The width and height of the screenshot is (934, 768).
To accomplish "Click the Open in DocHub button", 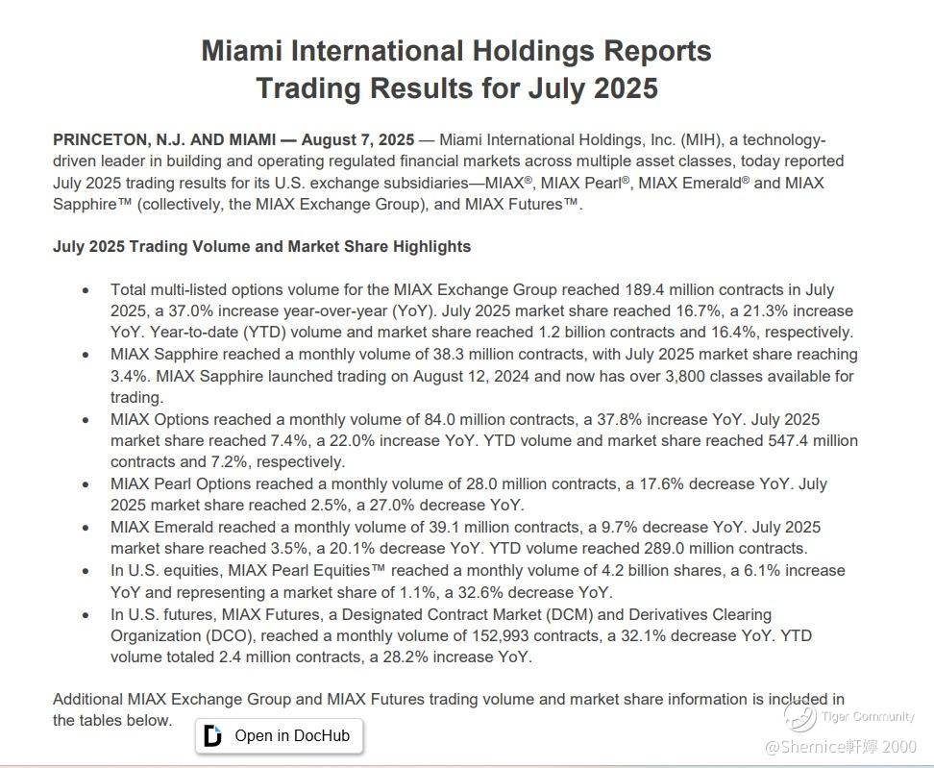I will [x=280, y=736].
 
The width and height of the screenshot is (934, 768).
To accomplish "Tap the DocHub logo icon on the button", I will [x=213, y=736].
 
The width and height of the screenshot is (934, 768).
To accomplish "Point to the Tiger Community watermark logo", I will [x=799, y=715].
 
